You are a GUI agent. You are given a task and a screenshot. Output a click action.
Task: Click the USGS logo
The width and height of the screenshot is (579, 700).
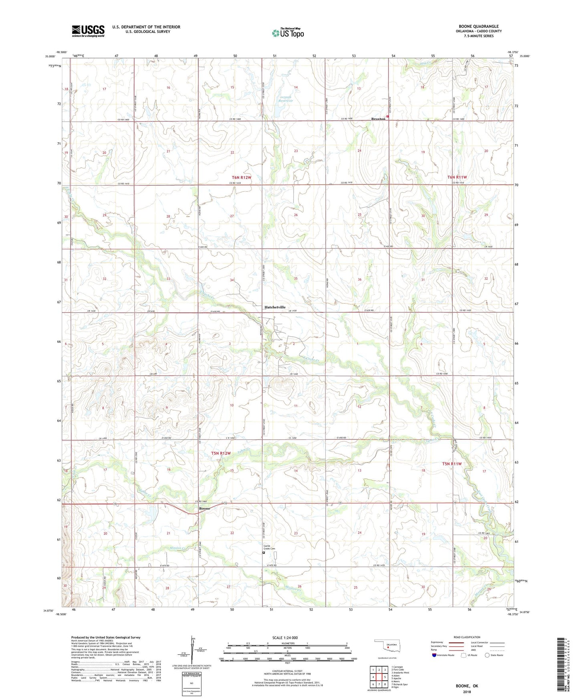pos(88,31)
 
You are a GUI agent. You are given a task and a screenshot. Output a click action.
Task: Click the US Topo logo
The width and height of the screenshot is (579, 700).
pos(288,33)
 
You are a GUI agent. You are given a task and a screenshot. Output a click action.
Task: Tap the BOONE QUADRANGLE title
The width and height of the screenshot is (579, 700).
pos(478,26)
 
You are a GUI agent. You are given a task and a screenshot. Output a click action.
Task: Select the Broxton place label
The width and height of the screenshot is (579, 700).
pos(378,119)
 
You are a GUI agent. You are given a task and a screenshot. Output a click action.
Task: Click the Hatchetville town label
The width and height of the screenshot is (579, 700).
pos(275,307)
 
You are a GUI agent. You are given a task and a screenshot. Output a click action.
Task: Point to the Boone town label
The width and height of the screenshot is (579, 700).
pos(204,508)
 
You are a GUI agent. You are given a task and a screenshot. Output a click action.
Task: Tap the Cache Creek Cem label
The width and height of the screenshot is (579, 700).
pos(268,548)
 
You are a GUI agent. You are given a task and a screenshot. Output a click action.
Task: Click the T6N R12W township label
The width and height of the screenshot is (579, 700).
pos(241,177)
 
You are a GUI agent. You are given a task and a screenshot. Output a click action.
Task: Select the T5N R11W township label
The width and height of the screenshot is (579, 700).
pos(452,463)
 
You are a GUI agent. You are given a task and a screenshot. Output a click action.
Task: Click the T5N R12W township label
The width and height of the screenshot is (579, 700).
pos(221,453)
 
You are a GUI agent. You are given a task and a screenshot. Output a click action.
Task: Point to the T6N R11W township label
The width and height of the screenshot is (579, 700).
pos(457,177)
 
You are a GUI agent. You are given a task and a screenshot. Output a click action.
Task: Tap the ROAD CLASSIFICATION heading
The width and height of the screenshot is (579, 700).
pos(467,637)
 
